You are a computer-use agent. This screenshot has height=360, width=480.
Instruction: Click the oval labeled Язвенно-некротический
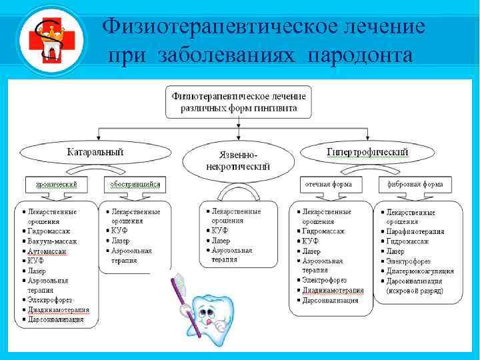[x=238, y=161]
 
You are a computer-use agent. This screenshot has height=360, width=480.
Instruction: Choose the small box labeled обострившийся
[x=135, y=183]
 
